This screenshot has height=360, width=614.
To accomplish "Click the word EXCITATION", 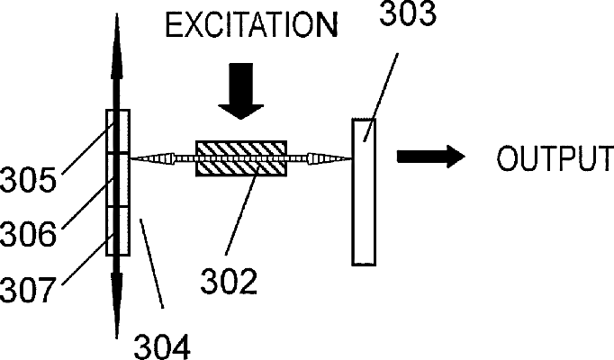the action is tap(251, 25).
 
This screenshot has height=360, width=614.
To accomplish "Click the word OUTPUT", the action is tap(555, 158).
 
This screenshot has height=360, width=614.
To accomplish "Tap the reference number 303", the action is tap(408, 14).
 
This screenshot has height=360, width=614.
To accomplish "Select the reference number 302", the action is tap(229, 282).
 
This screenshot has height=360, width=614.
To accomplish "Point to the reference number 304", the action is tap(162, 346).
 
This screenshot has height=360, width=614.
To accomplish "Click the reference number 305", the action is tap(28, 180).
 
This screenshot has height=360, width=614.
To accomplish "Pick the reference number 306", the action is tap(28, 234).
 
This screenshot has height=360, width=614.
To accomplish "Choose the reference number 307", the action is tap(27, 289).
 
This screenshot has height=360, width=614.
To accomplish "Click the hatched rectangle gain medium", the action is tap(241, 158).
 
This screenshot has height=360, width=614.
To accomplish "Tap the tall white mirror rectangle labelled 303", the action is tap(364, 192).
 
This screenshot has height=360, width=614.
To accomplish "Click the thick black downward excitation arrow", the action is tap(240, 91).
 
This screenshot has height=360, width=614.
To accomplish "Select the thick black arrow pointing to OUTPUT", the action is tap(431, 157).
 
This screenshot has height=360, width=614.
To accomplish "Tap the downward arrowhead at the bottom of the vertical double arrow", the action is tap(117, 305).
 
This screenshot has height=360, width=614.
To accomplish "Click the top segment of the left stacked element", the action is tap(118, 131).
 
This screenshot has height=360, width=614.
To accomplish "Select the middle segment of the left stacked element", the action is tap(118, 180).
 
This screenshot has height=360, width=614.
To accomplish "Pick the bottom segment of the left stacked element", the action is tap(118, 231).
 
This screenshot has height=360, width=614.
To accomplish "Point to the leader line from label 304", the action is tap(151, 264).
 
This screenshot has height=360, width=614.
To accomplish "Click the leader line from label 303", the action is tap(381, 97).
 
